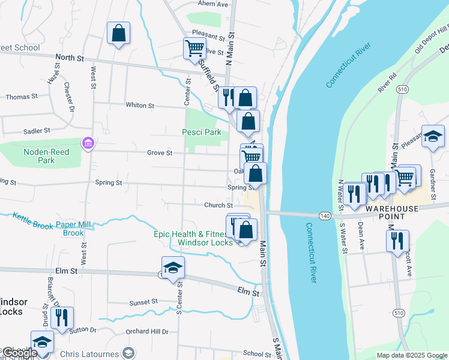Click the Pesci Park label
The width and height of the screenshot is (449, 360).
pyautogui.click(x=202, y=132)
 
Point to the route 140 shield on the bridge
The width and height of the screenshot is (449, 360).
pyautogui.click(x=325, y=215)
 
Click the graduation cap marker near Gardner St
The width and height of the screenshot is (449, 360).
pyautogui.click(x=433, y=136)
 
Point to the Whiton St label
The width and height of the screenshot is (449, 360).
pyautogui.click(x=140, y=105)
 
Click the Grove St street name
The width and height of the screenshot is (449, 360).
pyautogui.click(x=160, y=153)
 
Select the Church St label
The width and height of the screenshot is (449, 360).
pyautogui.click(x=218, y=205)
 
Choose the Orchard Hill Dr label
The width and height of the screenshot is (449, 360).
pyautogui.click(x=147, y=332)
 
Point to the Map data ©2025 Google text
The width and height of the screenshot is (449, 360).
pyautogui.click(x=412, y=355)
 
